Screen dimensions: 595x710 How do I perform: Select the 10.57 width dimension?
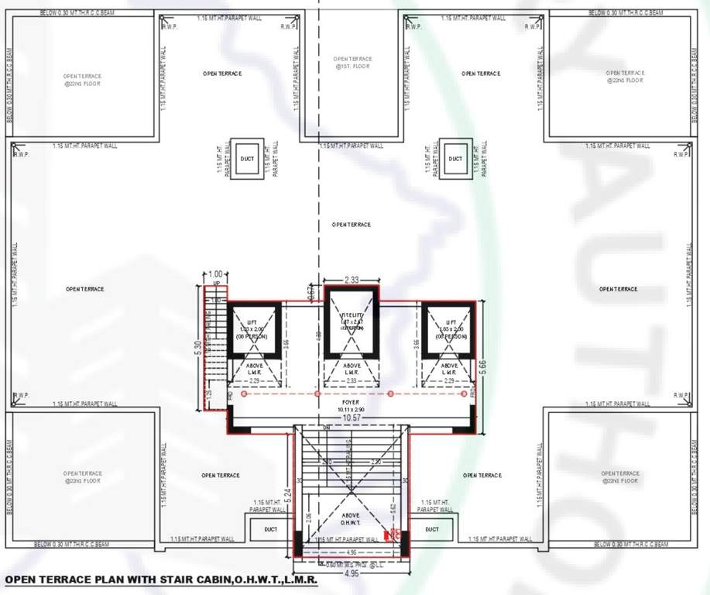pyautogui.click(x=352, y=418)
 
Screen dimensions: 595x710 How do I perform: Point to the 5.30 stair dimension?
pyautogui.click(x=198, y=349)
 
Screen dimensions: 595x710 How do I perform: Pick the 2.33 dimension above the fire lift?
pyautogui.click(x=351, y=280)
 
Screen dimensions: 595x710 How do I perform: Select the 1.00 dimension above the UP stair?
pyautogui.click(x=216, y=274)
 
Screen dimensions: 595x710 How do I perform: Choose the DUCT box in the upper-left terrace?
pyautogui.click(x=247, y=159)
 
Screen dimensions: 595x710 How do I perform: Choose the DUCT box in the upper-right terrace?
pyautogui.click(x=454, y=159)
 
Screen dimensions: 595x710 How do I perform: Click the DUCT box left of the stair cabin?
pyautogui.click(x=270, y=530)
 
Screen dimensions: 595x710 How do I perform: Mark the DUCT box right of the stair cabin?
pyautogui.click(x=432, y=530)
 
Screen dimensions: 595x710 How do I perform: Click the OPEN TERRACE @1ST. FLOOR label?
pyautogui.click(x=352, y=63)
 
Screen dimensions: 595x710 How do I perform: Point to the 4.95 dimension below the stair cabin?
pyautogui.click(x=352, y=574)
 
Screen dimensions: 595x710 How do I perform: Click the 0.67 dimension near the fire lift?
pyautogui.click(x=311, y=294)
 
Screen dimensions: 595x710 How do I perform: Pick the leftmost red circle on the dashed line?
pyautogui.click(x=244, y=394)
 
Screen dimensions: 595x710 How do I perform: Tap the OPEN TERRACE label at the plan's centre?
pyautogui.click(x=352, y=225)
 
